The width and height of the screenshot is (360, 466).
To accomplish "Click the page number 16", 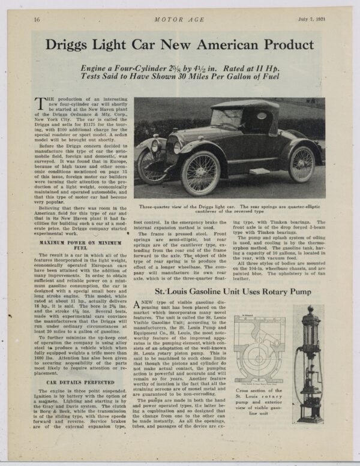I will (x=37, y=19).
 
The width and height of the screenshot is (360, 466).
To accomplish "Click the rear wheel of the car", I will (x=301, y=163).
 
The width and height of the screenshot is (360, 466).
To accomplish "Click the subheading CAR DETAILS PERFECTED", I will (x=77, y=381).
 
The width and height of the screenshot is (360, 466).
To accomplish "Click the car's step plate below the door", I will (x=259, y=172).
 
